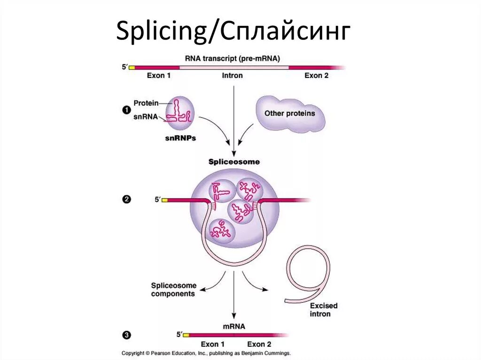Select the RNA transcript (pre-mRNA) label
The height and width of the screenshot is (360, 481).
pos(233,59)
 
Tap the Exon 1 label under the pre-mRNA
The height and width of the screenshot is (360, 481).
pos(159,76)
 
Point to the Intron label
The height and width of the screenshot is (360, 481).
pos(232,76)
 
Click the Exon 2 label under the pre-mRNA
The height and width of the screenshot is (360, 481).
pos(316,76)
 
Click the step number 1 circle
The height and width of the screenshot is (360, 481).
pos(126,110)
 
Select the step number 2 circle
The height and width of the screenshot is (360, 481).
pos(126,199)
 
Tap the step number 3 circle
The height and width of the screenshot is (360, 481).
pos(126,335)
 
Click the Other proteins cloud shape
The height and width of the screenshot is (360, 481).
pos(290,114)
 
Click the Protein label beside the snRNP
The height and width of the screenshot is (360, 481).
pos(146,103)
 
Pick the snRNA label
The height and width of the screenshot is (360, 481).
pos(146,117)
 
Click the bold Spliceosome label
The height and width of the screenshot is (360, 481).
pos(233,162)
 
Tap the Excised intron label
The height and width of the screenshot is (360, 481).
pos(323,310)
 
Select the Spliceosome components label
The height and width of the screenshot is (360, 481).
pos(173,290)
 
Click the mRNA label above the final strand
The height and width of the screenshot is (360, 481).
pos(233,326)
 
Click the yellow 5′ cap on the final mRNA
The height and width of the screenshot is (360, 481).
pos(186,335)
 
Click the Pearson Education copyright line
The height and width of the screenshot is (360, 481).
pos(206,353)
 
